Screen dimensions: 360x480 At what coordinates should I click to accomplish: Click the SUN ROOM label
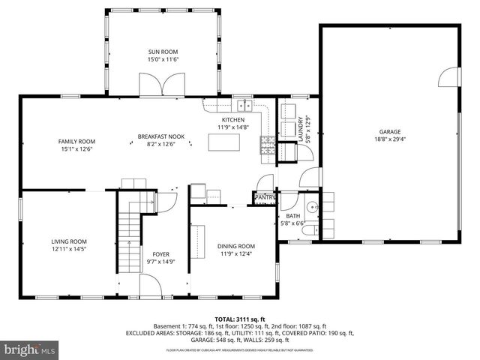pos(163,52)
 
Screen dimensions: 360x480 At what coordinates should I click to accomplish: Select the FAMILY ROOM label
pos(77,141)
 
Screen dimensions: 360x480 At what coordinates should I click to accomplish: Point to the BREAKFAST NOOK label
pos(155,136)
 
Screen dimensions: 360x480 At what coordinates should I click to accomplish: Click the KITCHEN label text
pos(232,120)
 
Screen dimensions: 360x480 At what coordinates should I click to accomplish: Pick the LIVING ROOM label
pos(69,241)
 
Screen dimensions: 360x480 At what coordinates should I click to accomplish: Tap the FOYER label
pos(161,254)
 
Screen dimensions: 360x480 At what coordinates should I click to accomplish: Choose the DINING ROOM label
pos(236,246)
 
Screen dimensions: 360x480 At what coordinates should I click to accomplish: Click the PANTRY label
pos(265,198)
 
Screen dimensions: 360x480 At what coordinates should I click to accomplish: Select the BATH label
pos(292,216)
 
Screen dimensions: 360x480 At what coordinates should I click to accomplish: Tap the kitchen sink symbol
pos(244,104)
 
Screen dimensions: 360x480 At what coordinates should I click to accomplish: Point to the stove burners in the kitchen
pos(267,145)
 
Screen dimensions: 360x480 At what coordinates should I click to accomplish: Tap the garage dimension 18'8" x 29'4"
pos(389,139)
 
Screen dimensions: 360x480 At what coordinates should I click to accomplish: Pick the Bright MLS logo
pos(31,349)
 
